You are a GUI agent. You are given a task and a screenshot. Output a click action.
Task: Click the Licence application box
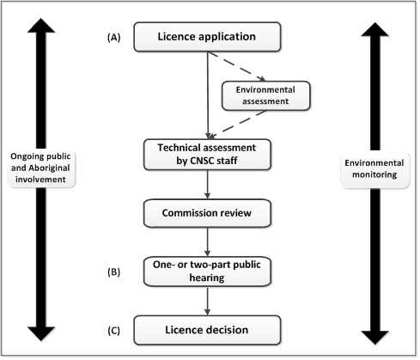click(x=207, y=37)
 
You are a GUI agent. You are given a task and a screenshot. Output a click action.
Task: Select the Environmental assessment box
click(x=266, y=95)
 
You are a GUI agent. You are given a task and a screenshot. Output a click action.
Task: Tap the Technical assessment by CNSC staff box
click(x=207, y=155)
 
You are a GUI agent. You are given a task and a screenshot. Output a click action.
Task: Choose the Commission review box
click(x=207, y=213)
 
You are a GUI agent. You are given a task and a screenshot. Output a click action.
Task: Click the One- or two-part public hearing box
click(x=207, y=272)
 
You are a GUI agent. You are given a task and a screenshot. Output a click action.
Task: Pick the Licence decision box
click(x=207, y=330)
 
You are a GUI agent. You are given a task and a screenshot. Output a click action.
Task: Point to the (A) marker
click(x=114, y=38)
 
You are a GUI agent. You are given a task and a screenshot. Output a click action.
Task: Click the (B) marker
click(x=114, y=272)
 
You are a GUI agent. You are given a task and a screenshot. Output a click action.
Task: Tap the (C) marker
click(x=114, y=331)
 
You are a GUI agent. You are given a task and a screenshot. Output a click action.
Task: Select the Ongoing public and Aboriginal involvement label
click(x=40, y=168)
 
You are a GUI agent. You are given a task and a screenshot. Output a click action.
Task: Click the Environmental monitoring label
click(x=374, y=168)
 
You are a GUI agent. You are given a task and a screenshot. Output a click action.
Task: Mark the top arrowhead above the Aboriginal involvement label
click(x=41, y=25)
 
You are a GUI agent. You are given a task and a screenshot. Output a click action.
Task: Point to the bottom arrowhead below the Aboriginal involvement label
click(x=41, y=334)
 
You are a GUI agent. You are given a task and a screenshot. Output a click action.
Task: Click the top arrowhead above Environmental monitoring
click(x=375, y=29)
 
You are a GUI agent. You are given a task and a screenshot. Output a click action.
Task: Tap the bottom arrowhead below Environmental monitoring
click(x=375, y=338)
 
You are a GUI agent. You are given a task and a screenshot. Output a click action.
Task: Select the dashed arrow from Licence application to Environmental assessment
click(x=237, y=66)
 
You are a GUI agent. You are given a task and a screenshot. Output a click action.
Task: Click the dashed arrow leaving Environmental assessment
click(x=237, y=125)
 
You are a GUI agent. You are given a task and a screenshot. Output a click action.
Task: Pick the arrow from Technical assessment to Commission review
click(x=208, y=185)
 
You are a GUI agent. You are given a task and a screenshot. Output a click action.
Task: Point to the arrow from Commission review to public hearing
click(x=208, y=242)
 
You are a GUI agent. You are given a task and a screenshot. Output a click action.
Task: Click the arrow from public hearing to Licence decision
click(x=208, y=301)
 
